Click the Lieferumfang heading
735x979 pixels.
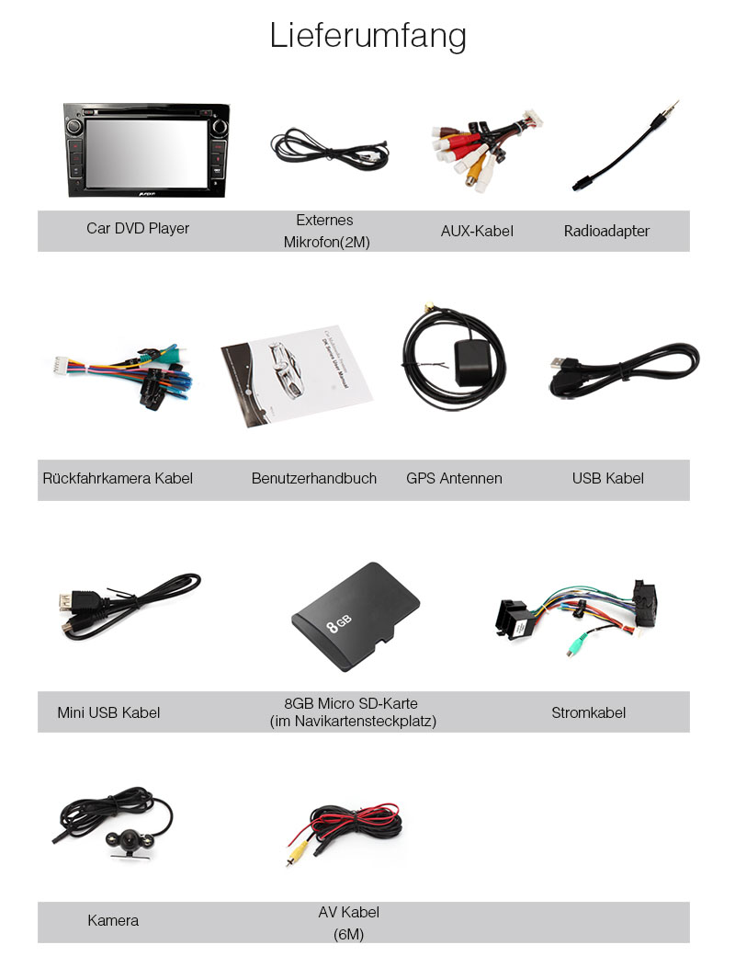point(367,36)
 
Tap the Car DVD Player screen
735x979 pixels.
point(146,151)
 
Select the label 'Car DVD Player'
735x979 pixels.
point(138,228)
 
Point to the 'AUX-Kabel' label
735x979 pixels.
point(477,231)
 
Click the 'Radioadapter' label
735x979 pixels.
point(606,231)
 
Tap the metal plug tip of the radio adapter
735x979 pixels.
point(673,106)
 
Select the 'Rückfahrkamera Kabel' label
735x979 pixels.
point(118,478)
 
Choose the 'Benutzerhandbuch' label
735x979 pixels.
point(314,478)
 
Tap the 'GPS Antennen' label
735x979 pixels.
point(454,478)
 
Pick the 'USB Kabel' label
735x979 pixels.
point(607,478)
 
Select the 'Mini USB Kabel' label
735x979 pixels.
point(108,712)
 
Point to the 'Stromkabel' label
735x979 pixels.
point(588,712)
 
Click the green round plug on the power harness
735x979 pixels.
point(573,647)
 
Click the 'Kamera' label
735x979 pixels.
point(113,920)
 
